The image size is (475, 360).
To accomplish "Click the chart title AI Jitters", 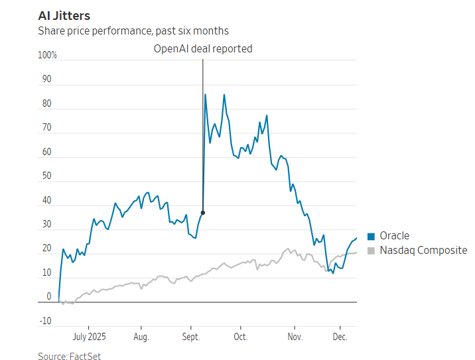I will (64, 15).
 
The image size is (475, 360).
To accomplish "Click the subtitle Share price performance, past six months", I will (133, 30).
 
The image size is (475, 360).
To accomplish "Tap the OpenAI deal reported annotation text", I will (203, 48).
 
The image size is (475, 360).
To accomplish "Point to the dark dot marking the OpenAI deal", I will (202, 213).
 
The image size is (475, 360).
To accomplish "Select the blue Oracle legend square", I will (371, 236).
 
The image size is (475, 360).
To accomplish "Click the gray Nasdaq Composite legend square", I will (371, 251).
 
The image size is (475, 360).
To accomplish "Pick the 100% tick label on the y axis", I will (48, 56).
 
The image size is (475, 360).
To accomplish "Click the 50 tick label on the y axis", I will (46, 176).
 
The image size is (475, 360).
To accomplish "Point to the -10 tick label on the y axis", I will (45, 322).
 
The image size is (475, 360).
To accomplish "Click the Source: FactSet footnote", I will (69, 356).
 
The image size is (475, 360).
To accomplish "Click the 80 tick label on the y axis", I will (46, 104).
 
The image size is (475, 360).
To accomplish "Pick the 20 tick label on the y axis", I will (46, 249).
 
